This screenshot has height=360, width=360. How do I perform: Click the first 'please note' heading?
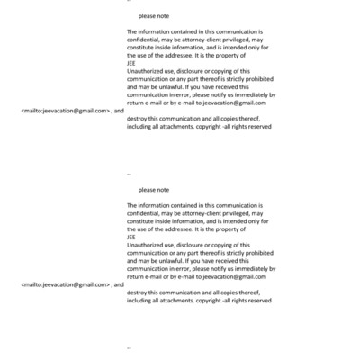(x=154, y=17)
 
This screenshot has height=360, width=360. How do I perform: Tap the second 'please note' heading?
(x=154, y=190)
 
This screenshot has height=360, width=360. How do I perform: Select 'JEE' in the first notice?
(x=131, y=63)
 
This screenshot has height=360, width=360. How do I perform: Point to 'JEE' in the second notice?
(x=131, y=237)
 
